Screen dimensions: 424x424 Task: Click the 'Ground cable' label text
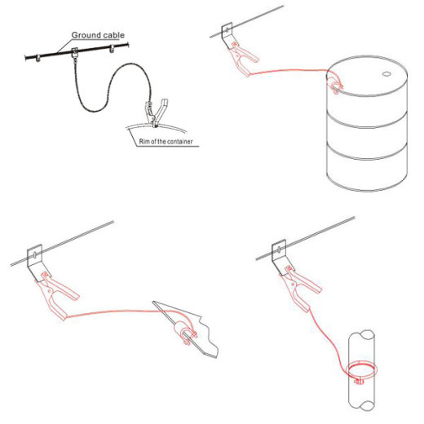tap(97, 35)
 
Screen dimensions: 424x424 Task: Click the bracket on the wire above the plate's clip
tap(36, 258)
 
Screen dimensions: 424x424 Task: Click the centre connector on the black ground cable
tap(75, 53)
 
